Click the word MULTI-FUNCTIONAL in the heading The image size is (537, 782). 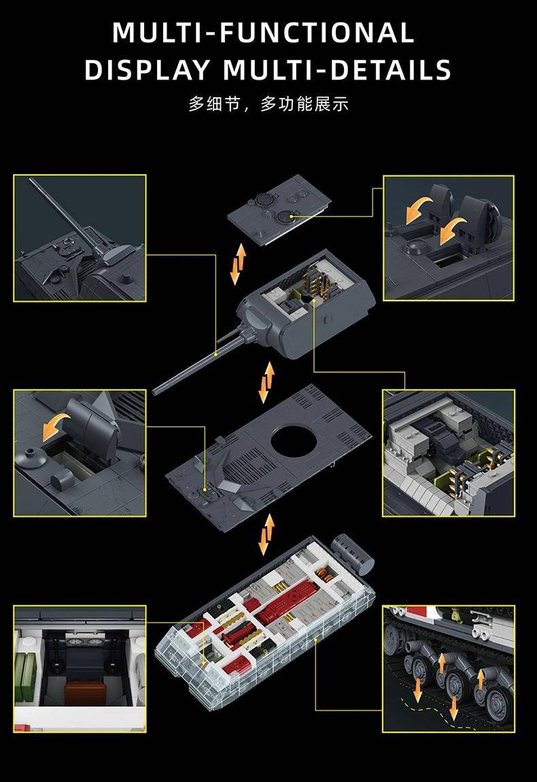(263, 33)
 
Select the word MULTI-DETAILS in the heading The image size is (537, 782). (337, 69)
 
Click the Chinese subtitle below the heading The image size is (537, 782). (268, 104)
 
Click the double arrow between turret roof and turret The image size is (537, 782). (239, 264)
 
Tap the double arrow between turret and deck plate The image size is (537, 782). (266, 383)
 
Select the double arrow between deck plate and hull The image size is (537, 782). (266, 534)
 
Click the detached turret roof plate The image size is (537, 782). (279, 209)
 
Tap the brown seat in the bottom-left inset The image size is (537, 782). (85, 694)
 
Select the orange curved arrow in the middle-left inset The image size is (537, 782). (55, 426)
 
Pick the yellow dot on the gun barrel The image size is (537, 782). (216, 354)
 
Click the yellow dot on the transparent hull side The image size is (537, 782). (315, 639)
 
